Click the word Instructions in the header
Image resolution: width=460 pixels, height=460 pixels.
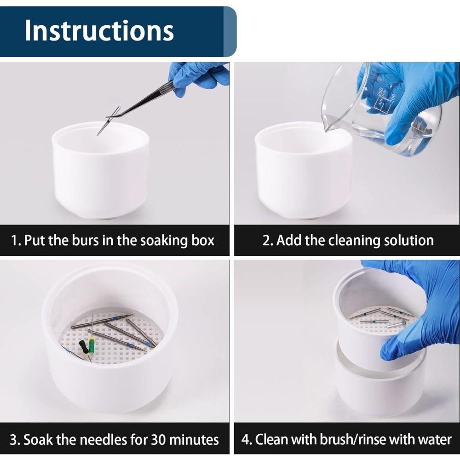point(99,30)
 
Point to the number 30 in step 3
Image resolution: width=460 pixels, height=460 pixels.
point(159,440)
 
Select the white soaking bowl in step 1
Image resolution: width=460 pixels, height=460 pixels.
point(101,171)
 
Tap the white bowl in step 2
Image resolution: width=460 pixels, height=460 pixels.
point(304,171)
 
